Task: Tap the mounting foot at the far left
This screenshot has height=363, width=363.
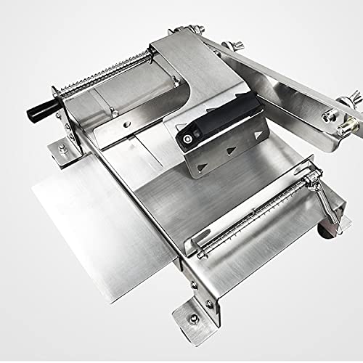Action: point(61,153)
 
